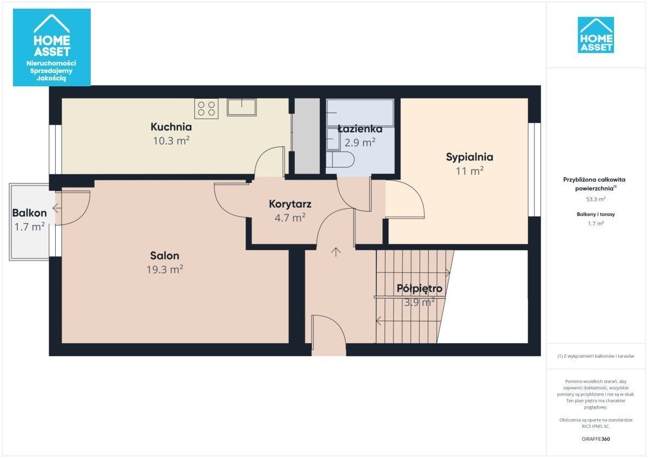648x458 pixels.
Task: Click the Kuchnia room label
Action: click(x=171, y=127)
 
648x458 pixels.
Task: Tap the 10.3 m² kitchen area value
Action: click(x=171, y=141)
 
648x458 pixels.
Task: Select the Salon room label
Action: click(x=165, y=256)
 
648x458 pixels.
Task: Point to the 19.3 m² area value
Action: click(x=165, y=269)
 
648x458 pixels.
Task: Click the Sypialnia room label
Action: click(x=469, y=157)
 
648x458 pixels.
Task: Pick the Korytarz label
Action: click(x=290, y=204)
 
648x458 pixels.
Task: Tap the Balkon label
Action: click(x=30, y=213)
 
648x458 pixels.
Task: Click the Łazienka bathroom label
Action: click(x=360, y=129)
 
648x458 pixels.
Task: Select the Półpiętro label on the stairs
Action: click(x=420, y=289)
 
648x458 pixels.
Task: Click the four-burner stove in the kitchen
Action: click(x=206, y=108)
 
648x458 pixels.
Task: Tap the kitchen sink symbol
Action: click(x=241, y=107)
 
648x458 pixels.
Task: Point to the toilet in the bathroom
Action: click(x=340, y=160)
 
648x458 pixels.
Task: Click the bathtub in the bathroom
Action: click(x=360, y=112)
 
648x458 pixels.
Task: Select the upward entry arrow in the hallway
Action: click(x=335, y=252)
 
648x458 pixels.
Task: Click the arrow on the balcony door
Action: click(x=57, y=208)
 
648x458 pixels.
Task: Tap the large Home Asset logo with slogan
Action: click(x=52, y=47)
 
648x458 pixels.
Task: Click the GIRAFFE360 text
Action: click(x=596, y=439)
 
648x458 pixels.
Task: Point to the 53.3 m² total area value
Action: click(x=596, y=199)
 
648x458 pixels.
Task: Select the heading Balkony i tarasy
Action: click(x=596, y=214)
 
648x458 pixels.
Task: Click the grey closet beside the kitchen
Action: click(x=307, y=136)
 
